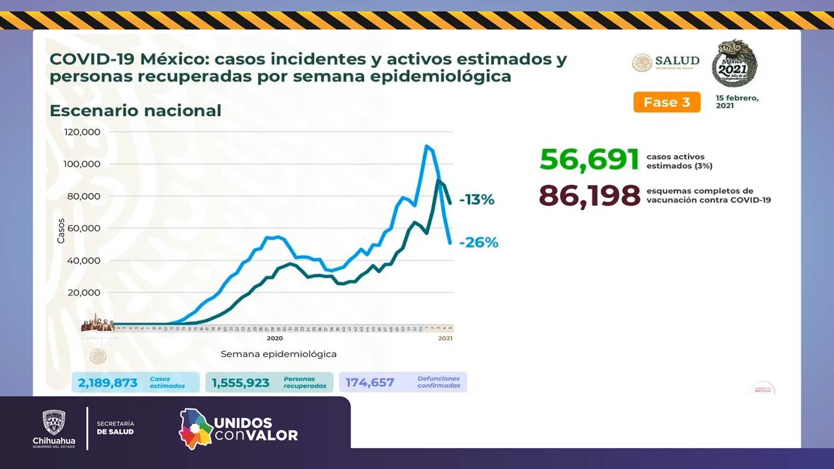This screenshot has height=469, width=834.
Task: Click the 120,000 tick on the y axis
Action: pyautogui.click(x=82, y=132)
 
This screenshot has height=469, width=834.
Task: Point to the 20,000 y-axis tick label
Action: pyautogui.click(x=84, y=292)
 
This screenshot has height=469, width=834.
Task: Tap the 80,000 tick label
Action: pyautogui.click(x=84, y=196)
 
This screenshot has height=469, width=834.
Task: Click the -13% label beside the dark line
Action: pyautogui.click(x=476, y=200)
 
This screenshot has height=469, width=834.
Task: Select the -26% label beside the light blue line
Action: pyautogui.click(x=478, y=243)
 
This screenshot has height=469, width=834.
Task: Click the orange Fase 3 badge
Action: pyautogui.click(x=667, y=102)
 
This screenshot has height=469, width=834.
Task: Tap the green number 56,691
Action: pyautogui.click(x=589, y=159)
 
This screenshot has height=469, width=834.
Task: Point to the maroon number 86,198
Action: pyautogui.click(x=590, y=195)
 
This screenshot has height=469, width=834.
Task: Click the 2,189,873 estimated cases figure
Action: pyautogui.click(x=108, y=383)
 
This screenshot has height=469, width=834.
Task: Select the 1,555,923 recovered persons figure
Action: pyautogui.click(x=240, y=383)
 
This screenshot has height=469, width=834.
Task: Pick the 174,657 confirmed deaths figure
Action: pyautogui.click(x=369, y=383)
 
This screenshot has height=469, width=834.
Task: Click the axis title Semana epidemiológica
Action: pyautogui.click(x=278, y=354)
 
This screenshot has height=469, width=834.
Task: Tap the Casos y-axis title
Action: pyautogui.click(x=61, y=231)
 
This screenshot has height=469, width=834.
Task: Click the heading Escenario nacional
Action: pyautogui.click(x=136, y=111)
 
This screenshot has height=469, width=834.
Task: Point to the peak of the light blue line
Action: pyautogui.click(x=426, y=146)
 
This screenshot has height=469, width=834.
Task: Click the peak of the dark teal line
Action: pyautogui.click(x=438, y=180)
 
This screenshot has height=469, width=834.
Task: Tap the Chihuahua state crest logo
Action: pyautogui.click(x=53, y=423)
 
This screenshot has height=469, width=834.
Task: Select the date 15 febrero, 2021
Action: pyautogui.click(x=737, y=102)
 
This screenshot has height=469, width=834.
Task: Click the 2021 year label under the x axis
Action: pyautogui.click(x=445, y=339)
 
